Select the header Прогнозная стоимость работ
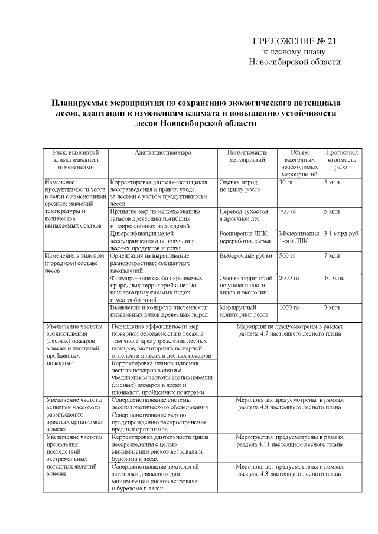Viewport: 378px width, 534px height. click(x=341, y=159)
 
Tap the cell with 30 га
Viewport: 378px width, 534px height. click(x=286, y=182)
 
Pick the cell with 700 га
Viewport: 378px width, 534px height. click(x=288, y=211)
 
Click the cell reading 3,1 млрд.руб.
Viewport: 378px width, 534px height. click(x=341, y=234)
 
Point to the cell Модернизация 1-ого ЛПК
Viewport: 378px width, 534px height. click(x=299, y=237)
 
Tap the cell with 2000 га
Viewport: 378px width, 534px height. click(x=289, y=278)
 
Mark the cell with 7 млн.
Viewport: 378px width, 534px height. click(x=332, y=256)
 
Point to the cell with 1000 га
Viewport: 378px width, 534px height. click(x=289, y=307)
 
